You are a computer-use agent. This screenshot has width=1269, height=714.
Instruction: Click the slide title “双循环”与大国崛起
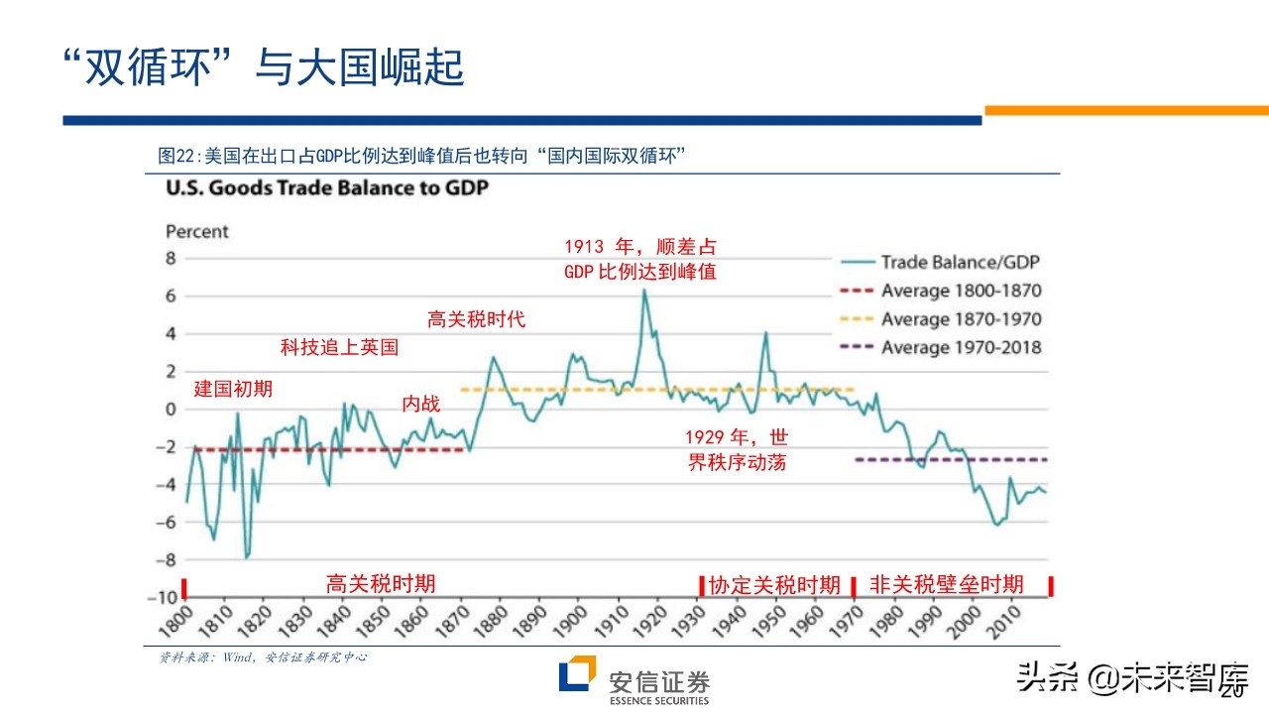(262, 67)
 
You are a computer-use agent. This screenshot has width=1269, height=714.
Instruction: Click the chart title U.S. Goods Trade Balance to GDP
(326, 187)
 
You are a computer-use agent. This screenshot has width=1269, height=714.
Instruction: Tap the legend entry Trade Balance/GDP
(960, 263)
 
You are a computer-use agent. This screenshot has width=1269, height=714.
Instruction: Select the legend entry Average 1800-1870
(961, 292)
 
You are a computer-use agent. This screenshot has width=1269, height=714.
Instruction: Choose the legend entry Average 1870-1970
(961, 319)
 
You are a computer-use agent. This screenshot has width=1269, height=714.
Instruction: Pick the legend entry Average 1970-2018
(961, 348)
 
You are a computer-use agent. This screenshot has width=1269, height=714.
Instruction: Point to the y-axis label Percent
(196, 231)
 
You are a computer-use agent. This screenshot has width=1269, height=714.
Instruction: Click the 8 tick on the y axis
(170, 259)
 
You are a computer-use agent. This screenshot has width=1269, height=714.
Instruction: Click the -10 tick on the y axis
(163, 598)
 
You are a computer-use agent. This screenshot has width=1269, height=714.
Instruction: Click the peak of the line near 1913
(644, 291)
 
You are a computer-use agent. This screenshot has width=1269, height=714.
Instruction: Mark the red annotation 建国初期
(233, 389)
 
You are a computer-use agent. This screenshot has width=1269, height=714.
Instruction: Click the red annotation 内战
(420, 404)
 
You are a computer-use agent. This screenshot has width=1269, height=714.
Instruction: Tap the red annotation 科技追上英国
(339, 348)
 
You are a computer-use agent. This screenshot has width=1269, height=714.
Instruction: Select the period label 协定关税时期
(774, 584)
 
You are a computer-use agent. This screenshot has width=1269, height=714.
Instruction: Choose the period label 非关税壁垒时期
(946, 584)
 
